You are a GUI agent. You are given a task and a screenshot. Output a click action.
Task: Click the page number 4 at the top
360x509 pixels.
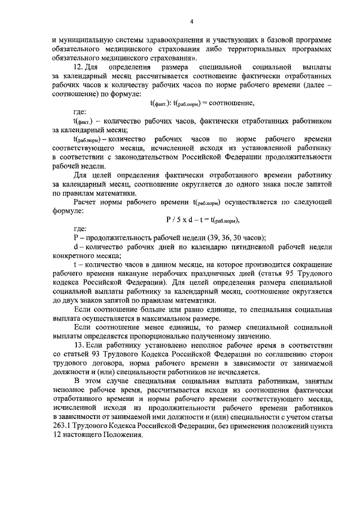[x=191, y=21]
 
